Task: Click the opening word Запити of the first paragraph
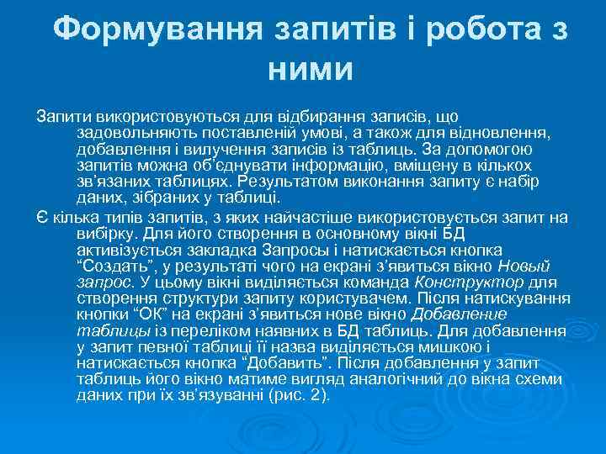[x=60, y=115]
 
